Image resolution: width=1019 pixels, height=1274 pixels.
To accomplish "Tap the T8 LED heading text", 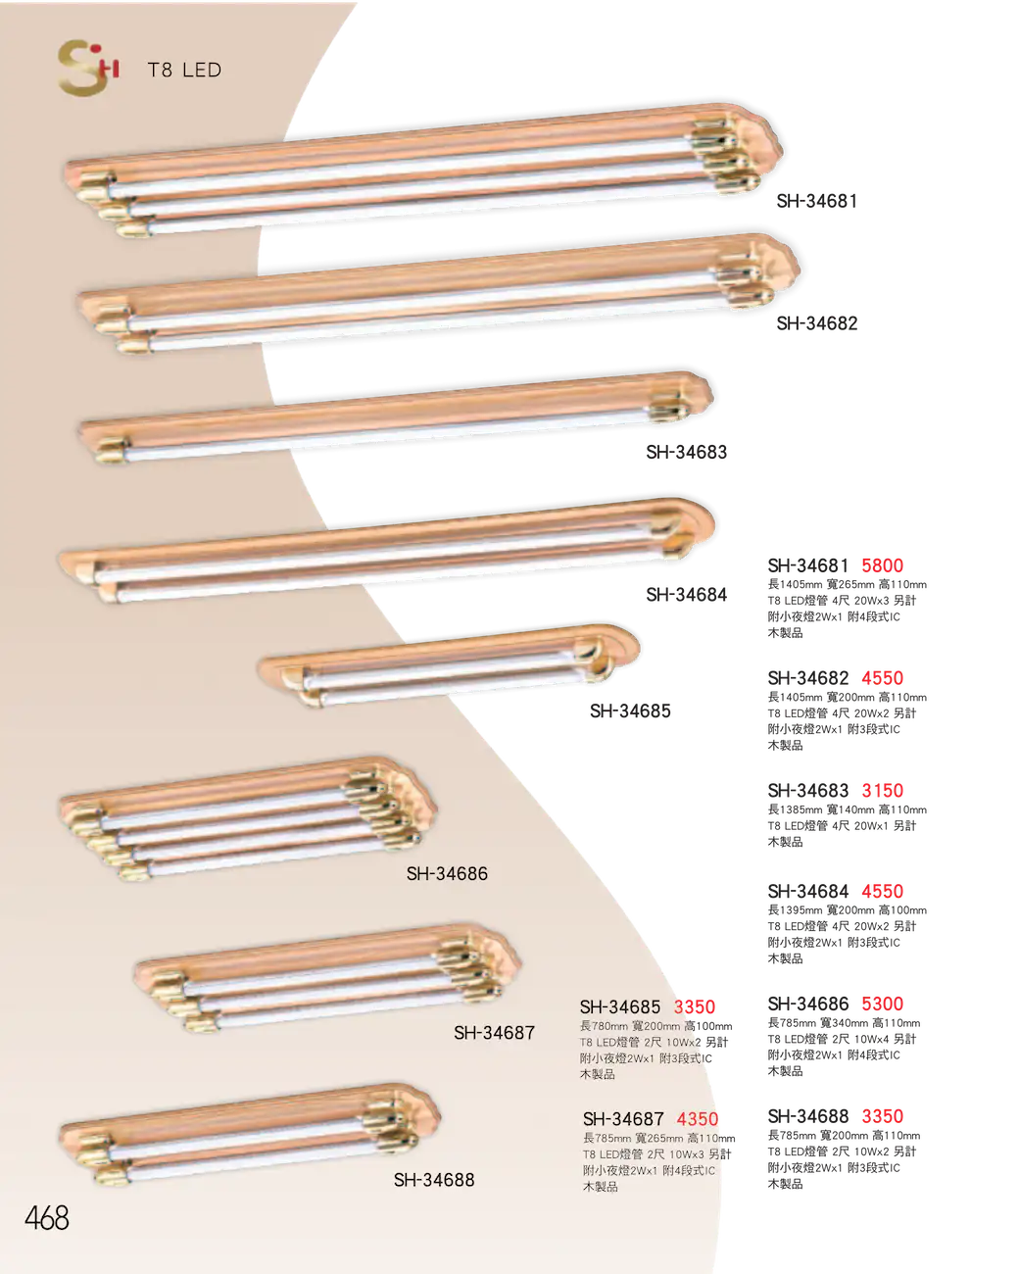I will (184, 70).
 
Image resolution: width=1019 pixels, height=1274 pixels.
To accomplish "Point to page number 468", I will (47, 1218).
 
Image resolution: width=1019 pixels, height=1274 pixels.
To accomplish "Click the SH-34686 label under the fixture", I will (447, 873).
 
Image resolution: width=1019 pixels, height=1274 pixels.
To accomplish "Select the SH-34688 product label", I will (434, 1180).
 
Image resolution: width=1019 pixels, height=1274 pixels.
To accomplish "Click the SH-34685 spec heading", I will (620, 1006).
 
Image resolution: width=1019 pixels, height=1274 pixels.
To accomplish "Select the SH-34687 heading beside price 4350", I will (623, 1118).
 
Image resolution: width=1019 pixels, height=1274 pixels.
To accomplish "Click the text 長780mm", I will (605, 1026).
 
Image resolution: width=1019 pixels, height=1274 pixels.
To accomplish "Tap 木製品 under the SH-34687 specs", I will (601, 1187).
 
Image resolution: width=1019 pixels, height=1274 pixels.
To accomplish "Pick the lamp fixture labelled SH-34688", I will (250, 1137).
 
